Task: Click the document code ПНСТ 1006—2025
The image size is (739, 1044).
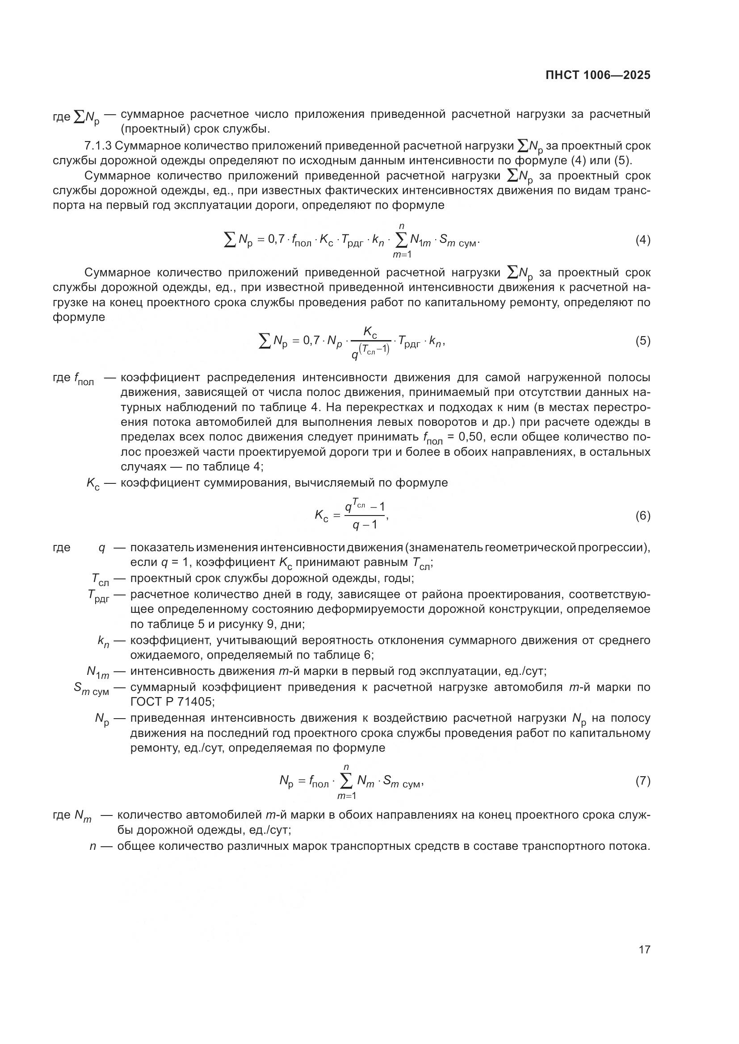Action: tap(598, 75)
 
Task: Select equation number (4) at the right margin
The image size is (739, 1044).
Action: tap(642, 240)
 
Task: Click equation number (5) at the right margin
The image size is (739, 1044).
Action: tap(642, 341)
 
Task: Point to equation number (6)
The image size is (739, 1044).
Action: tap(642, 516)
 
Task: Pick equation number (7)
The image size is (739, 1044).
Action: tap(642, 781)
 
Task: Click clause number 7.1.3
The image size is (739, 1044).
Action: tap(97, 146)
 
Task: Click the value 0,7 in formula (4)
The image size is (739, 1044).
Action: tap(277, 240)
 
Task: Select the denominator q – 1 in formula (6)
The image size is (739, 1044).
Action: tap(365, 525)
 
